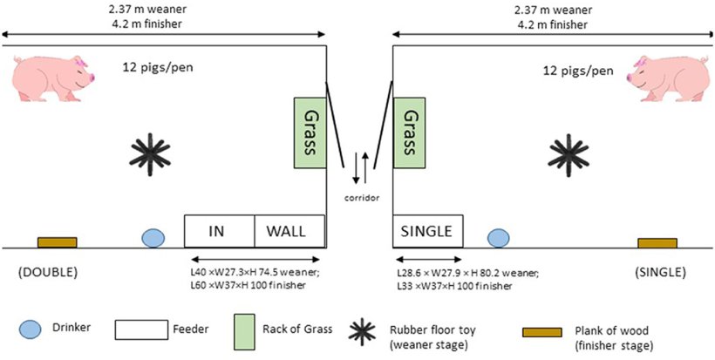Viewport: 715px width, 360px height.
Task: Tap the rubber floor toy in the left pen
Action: tap(150, 154)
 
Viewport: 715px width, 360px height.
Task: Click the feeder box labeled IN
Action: tap(219, 231)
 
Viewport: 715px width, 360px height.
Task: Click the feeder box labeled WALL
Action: tap(289, 231)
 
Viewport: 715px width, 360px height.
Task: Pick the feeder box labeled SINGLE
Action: tap(427, 231)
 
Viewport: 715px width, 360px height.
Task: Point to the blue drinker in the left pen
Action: tap(153, 237)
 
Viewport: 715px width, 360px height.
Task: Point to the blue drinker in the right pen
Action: tap(498, 237)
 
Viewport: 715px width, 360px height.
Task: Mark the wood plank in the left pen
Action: tap(57, 242)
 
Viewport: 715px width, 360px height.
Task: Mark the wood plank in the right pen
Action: tap(657, 242)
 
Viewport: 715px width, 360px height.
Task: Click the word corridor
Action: tap(359, 198)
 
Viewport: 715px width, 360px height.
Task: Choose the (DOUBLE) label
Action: tap(47, 272)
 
